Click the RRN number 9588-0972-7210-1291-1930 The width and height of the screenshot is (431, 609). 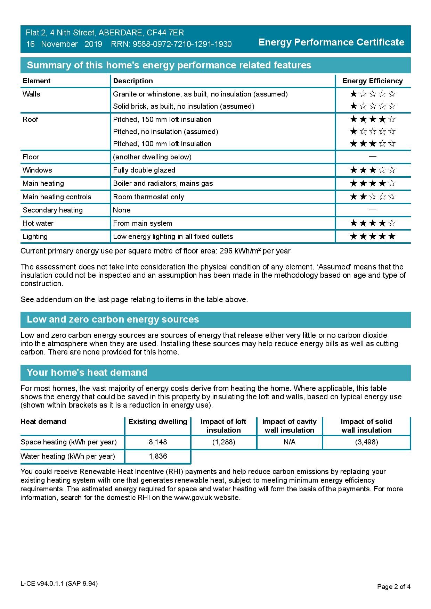[182, 44]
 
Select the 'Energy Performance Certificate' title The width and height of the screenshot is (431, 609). [331, 42]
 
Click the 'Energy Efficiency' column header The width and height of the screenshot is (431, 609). [373, 81]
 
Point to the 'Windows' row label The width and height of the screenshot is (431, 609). [37, 170]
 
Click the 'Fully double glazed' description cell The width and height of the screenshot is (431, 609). [144, 170]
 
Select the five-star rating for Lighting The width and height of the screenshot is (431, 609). [373, 236]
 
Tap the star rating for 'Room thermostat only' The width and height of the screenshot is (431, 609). [373, 197]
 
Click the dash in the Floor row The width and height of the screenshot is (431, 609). [373, 157]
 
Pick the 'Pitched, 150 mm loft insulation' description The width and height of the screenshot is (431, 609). [162, 119]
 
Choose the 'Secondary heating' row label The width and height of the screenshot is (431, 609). [52, 210]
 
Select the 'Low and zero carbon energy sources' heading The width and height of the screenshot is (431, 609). [113, 319]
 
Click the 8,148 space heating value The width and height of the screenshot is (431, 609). [158, 442]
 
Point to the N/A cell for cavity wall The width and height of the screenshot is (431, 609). [290, 442]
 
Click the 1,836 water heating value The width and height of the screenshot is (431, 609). [158, 456]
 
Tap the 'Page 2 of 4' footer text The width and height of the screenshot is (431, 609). [394, 587]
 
